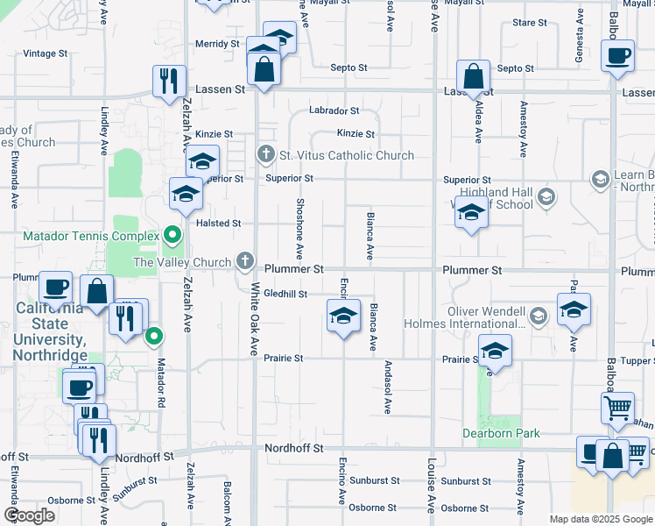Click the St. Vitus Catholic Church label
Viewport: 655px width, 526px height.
(x=346, y=156)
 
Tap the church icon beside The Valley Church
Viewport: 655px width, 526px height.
(x=246, y=261)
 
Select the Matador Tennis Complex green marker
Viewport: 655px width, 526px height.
(x=173, y=235)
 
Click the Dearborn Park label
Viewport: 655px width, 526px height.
(x=502, y=433)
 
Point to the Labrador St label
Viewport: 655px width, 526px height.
(x=334, y=111)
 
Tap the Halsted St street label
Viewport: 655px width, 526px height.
(x=218, y=224)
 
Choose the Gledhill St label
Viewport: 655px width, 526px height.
(x=285, y=295)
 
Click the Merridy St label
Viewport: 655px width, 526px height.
(x=217, y=44)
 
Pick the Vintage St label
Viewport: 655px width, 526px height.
(x=45, y=54)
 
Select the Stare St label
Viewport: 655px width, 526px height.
(x=529, y=22)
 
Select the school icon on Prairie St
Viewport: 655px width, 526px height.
(x=496, y=351)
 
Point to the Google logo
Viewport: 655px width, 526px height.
(x=30, y=515)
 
